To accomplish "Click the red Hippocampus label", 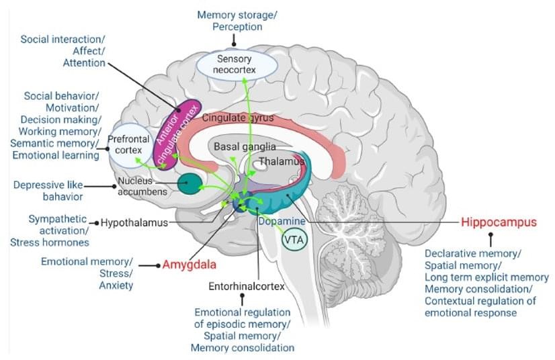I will point(499,222).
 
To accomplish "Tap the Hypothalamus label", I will point(134,222).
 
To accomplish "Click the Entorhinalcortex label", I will point(245,287).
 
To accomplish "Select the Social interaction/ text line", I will point(62,39).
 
